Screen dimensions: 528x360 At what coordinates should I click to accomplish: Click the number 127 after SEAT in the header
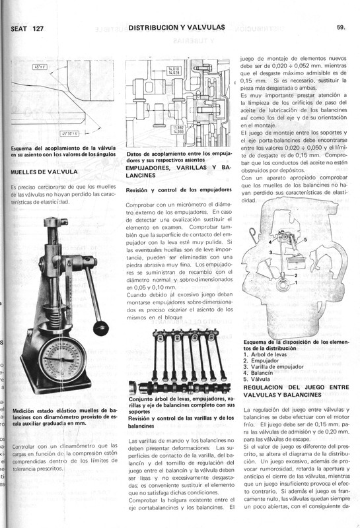coord(37,30)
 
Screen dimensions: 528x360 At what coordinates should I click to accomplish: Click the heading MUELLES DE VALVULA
coord(45,172)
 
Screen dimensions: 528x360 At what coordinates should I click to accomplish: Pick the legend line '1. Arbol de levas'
coord(270,354)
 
